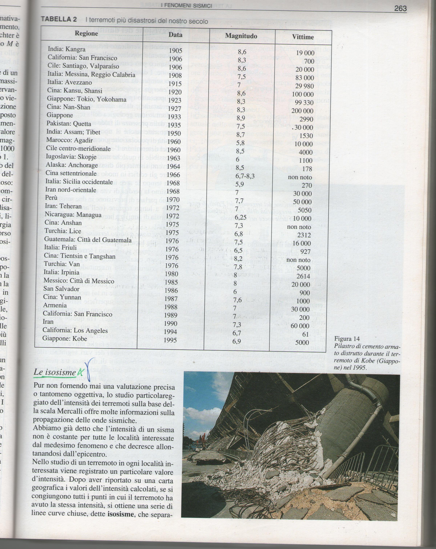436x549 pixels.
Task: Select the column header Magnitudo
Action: click(x=241, y=36)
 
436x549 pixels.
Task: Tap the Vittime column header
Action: click(x=303, y=37)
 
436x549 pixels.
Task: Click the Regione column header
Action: click(x=86, y=33)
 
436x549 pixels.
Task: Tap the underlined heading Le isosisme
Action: click(x=55, y=373)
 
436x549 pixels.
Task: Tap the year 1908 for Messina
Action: click(x=175, y=76)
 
